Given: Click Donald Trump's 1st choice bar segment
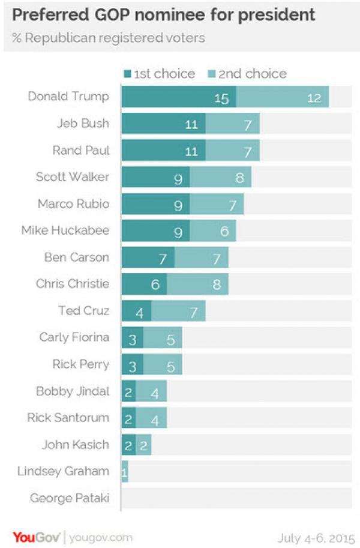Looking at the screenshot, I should pos(178,97).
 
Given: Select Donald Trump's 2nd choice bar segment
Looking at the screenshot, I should pos(282,97).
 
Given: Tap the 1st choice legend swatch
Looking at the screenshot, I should pos(127,74).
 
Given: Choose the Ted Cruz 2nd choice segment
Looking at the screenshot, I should pos(178,311).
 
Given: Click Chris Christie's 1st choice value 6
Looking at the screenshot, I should pos(155,285).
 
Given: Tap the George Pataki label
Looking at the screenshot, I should pos(70,498).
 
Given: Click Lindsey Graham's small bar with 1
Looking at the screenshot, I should pos(124,472).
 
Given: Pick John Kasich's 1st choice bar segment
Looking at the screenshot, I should pos(128,445).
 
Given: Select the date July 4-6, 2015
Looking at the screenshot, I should pos(316,537).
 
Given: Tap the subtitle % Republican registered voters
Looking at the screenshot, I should pos(108,38).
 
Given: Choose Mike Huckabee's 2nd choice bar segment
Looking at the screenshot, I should pos(213,231).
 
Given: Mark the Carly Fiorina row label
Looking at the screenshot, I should pos(74,337).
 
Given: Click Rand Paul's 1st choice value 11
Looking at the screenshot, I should pos(191,151).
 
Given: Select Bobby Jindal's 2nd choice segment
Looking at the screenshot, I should pos(151,391).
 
